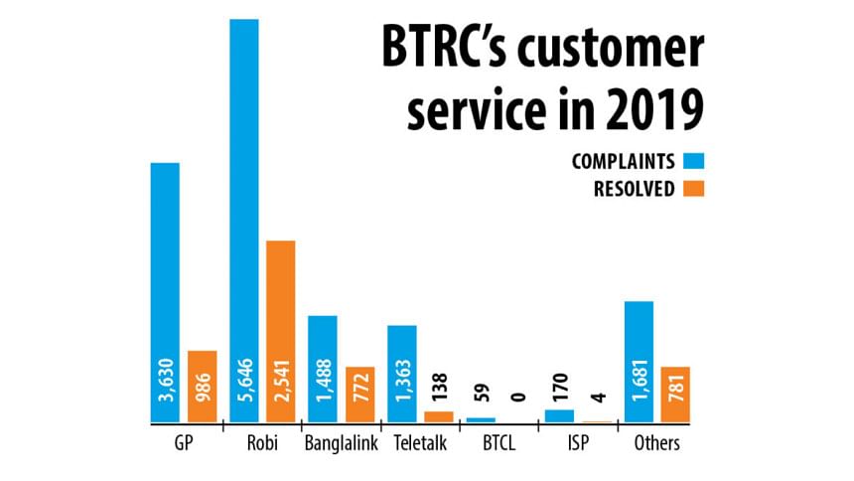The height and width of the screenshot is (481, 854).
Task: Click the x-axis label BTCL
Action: pyautogui.click(x=498, y=444)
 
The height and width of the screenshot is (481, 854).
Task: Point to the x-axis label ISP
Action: pyautogui.click(x=577, y=444)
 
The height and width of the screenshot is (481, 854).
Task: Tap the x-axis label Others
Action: pyautogui.click(x=656, y=444)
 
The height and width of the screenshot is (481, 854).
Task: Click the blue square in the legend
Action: pyautogui.click(x=693, y=160)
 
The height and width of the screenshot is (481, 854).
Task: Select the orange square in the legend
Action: pyautogui.click(x=693, y=188)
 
